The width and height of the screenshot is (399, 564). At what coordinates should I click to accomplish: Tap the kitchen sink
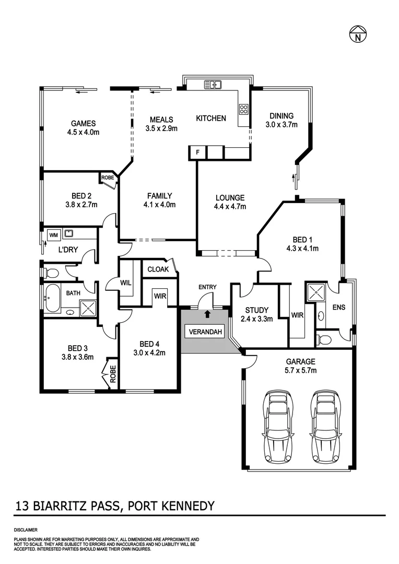click(214, 84)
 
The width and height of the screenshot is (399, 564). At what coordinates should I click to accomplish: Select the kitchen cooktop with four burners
click(243, 109)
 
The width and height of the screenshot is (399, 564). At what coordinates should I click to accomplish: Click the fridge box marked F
click(197, 152)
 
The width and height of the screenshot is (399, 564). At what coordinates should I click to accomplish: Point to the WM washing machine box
click(53, 235)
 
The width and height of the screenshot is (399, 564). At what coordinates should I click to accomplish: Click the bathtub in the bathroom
click(52, 299)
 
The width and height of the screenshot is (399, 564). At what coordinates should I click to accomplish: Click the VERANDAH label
click(204, 332)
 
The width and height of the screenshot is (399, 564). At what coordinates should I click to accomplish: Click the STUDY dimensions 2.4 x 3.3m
click(257, 319)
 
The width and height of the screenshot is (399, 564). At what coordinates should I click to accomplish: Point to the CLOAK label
click(158, 269)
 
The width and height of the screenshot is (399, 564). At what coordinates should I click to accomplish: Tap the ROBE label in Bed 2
click(108, 178)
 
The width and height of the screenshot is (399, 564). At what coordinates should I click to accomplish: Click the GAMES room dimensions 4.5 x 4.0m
click(84, 132)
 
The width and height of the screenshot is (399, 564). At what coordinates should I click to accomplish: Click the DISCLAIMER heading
click(26, 530)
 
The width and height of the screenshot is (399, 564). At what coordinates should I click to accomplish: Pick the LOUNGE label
click(230, 198)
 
